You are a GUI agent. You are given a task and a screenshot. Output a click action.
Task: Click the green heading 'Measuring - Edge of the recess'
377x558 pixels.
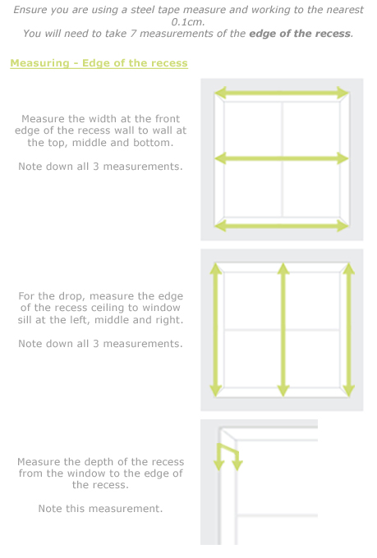pos(99,63)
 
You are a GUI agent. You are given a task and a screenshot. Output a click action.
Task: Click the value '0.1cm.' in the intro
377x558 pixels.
pos(188,21)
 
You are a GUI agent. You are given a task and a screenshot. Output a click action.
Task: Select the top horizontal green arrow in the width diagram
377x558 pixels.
pos(282,94)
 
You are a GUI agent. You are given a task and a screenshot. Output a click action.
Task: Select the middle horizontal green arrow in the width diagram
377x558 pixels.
pos(282,159)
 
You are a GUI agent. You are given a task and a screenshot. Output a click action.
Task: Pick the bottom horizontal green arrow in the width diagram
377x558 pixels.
pos(282,225)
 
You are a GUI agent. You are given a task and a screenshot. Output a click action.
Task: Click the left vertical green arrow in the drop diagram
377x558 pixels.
pos(216,329)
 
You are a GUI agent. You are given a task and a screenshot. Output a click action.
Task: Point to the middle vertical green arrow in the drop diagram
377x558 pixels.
pos(283,329)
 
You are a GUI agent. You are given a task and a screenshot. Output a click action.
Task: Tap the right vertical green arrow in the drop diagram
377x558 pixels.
pos(348,329)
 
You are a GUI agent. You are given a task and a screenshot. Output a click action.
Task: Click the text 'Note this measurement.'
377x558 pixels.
pos(100,509)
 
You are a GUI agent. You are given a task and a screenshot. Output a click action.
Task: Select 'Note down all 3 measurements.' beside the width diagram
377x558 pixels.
pos(100,167)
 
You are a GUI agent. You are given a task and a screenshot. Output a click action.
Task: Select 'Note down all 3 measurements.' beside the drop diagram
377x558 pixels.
pos(100,343)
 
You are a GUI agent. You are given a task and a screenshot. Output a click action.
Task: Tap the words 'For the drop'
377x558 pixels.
pos(51,296)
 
